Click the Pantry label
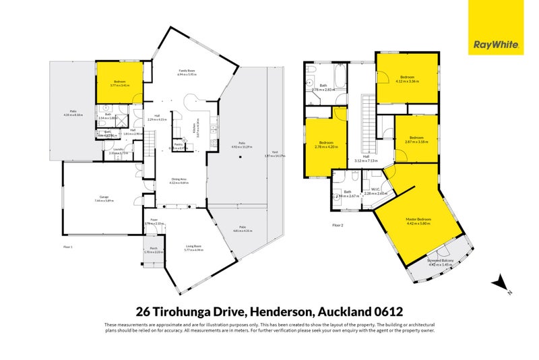tap(179, 144)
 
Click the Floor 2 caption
tap(338, 224)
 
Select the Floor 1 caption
tap(67, 247)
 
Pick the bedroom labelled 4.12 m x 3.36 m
tap(409, 80)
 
